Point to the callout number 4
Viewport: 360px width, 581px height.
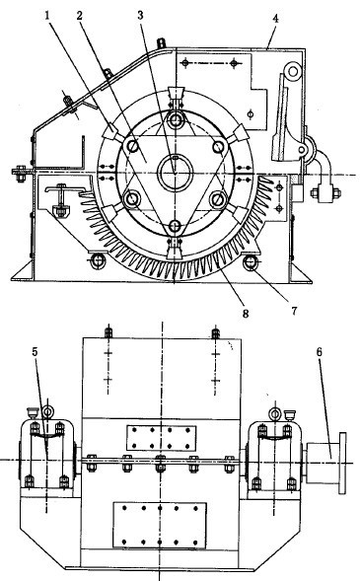(274, 17)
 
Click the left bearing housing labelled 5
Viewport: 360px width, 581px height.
(46, 456)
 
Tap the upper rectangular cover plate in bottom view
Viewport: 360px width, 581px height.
(159, 437)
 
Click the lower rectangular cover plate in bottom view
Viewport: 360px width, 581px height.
(159, 526)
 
